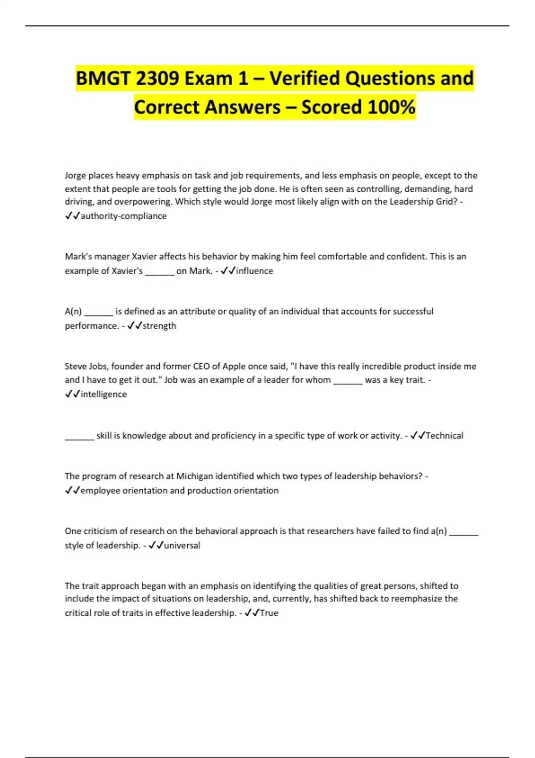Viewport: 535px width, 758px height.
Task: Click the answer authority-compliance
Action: (x=123, y=216)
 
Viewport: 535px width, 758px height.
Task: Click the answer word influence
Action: (x=255, y=271)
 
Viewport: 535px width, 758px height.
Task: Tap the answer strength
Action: (x=159, y=325)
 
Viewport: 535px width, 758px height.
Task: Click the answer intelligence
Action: (x=104, y=394)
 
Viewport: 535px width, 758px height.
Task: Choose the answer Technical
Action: (x=444, y=435)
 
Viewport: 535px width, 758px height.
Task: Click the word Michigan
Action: (x=195, y=476)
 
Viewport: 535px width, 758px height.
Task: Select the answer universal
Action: (x=182, y=545)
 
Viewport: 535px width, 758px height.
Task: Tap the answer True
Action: (x=269, y=613)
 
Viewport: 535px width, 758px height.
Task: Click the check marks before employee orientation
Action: (x=72, y=490)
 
